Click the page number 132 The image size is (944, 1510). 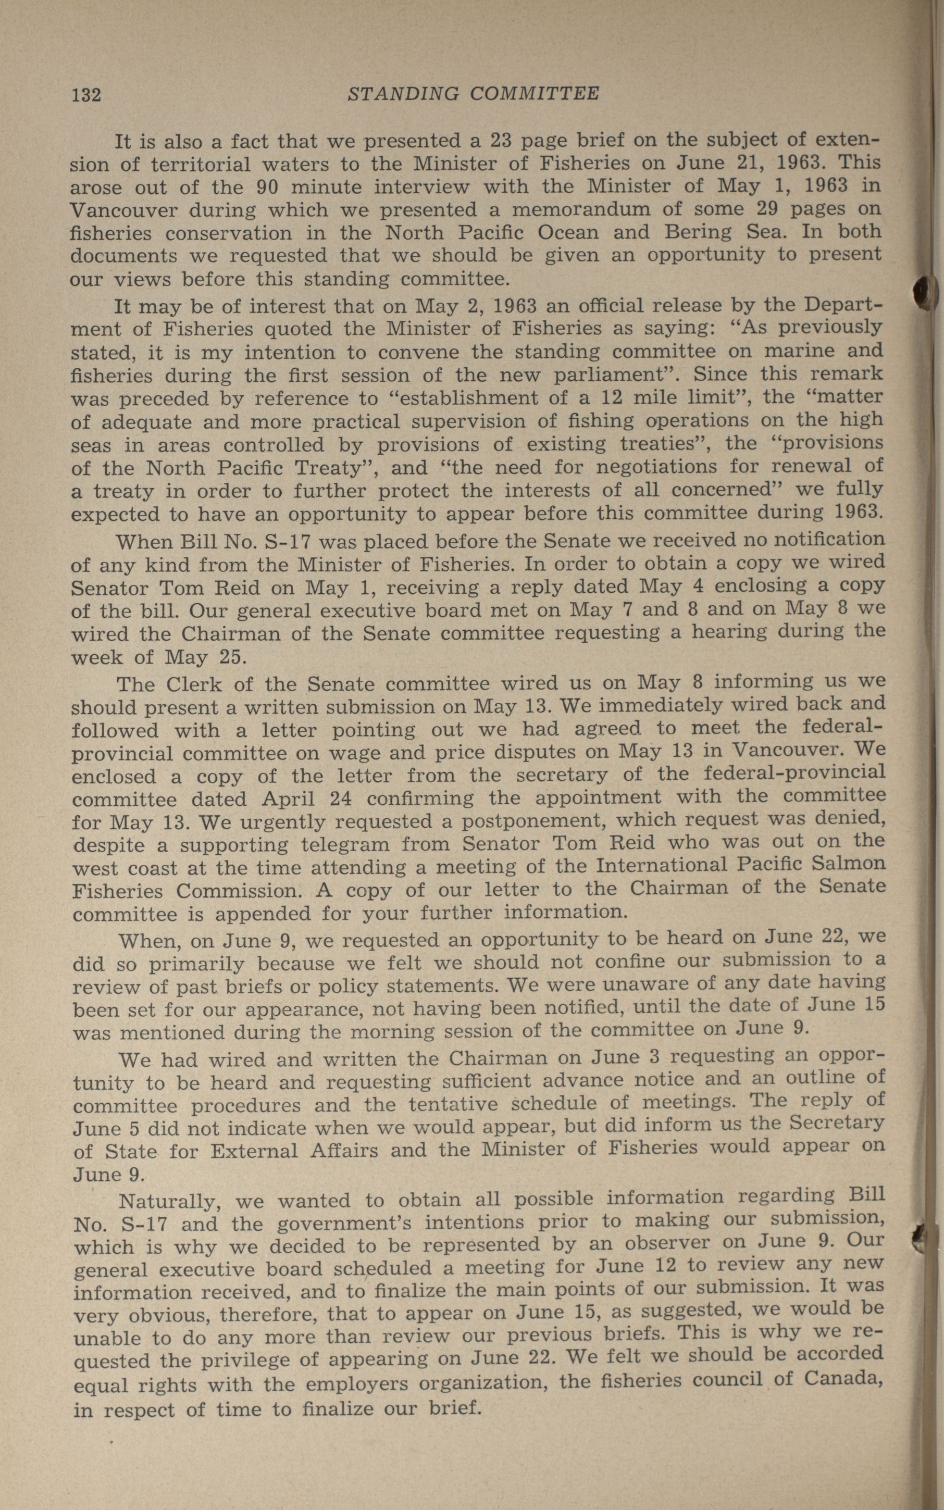click(86, 95)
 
